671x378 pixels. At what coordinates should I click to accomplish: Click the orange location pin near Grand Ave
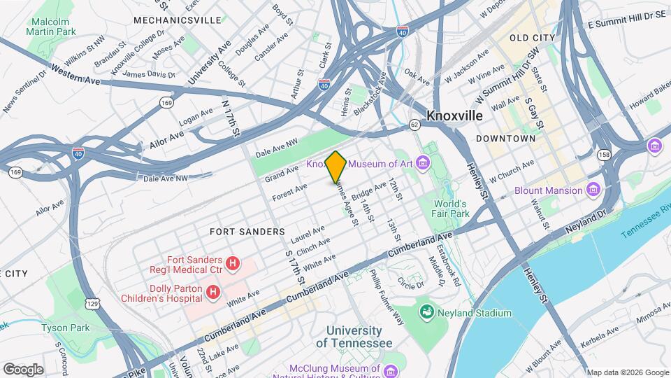coord(335,167)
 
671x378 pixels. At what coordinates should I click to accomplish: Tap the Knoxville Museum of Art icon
coord(422,164)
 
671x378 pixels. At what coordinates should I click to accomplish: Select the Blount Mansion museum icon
coord(593,190)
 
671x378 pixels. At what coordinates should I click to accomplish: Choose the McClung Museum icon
coord(390,369)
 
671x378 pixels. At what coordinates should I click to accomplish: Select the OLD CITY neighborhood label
coord(532,38)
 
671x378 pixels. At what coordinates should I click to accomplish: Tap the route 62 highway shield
coord(414,125)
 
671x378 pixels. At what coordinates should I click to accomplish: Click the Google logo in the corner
coord(23,369)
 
